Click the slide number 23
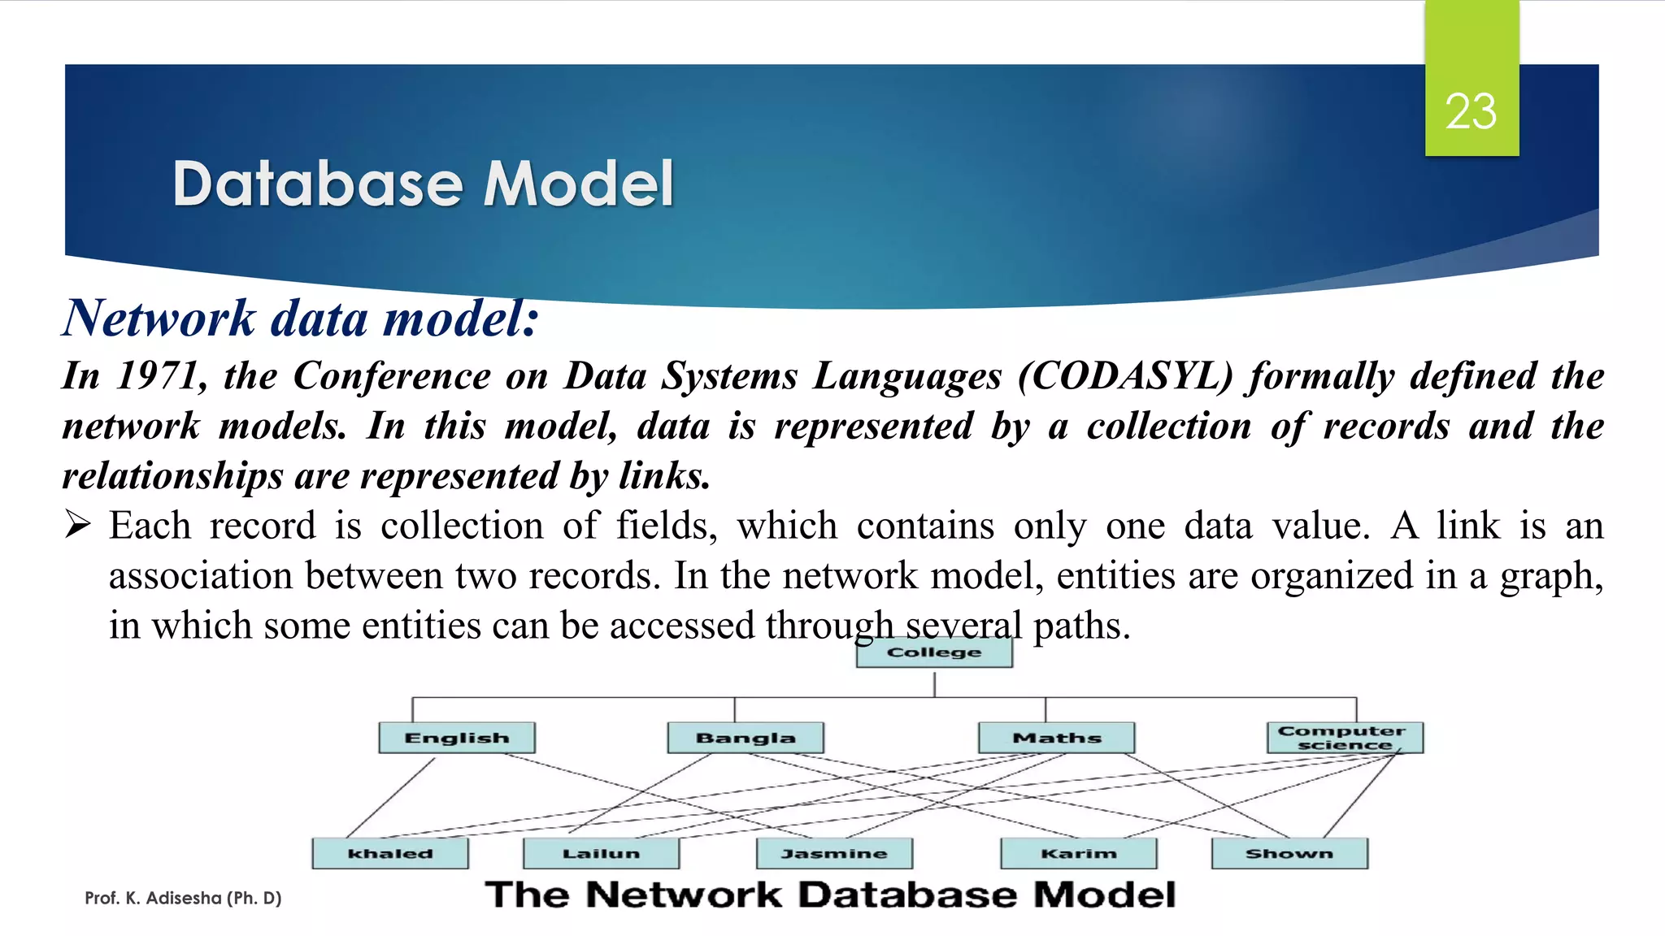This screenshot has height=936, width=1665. click(x=1471, y=111)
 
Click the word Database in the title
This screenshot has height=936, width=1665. click(x=318, y=184)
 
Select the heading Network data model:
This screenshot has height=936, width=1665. click(x=301, y=318)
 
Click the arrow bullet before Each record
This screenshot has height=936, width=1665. click(x=78, y=526)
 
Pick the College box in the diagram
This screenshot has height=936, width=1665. click(x=934, y=652)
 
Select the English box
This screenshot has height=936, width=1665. click(x=457, y=738)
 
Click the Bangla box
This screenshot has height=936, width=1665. click(x=746, y=738)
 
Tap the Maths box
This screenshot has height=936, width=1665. click(x=1056, y=738)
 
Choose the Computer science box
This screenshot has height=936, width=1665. click(x=1345, y=738)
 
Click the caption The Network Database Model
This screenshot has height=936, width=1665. click(x=830, y=895)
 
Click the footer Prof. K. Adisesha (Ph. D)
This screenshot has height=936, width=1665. click(x=183, y=898)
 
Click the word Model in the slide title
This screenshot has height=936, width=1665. click(x=578, y=184)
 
